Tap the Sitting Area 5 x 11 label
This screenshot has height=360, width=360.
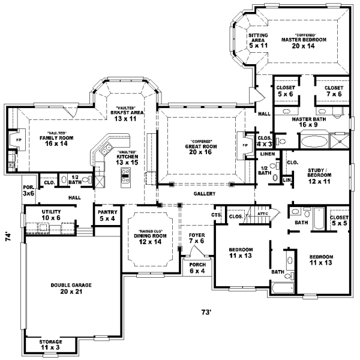tap(258, 40)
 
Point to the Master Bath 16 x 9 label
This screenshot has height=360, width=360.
tap(308, 122)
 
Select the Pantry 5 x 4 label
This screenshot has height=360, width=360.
tap(107, 215)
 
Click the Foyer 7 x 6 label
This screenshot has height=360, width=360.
tap(197, 238)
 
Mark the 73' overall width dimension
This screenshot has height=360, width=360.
tap(206, 311)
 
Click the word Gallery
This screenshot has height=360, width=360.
tap(204, 194)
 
